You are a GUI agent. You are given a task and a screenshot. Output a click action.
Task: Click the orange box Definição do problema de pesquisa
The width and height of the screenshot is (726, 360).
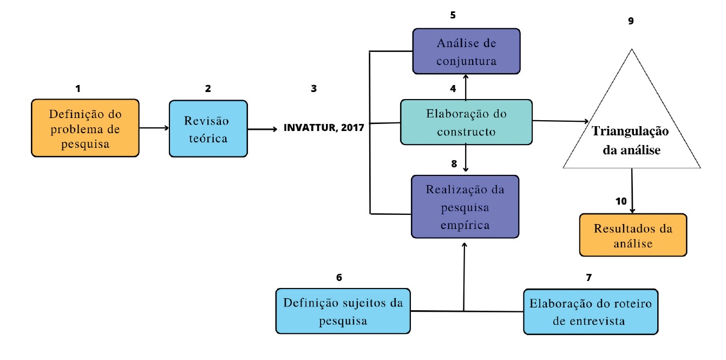[85, 128]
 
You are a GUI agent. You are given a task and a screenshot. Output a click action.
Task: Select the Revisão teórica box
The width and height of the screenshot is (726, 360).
[208, 129]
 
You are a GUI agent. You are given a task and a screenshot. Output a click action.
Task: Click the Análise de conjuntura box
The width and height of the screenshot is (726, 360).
[466, 51]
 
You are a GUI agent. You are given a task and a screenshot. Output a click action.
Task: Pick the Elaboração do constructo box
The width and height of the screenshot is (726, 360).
[466, 122]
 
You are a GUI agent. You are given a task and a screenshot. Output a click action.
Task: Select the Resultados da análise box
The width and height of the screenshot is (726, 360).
[633, 235]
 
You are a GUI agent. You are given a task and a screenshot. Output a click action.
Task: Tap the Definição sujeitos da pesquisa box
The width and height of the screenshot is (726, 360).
[344, 311]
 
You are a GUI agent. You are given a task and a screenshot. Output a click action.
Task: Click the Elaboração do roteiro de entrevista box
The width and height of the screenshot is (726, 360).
[590, 311]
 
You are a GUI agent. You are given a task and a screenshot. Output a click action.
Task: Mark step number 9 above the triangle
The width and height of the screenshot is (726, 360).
[631, 22]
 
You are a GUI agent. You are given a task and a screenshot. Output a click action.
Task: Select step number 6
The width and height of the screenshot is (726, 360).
[339, 278]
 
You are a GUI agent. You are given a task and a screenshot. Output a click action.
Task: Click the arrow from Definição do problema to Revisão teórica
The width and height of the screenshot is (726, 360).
[154, 128]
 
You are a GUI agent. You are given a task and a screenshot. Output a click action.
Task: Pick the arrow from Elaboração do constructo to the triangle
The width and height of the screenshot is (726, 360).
[560, 121]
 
